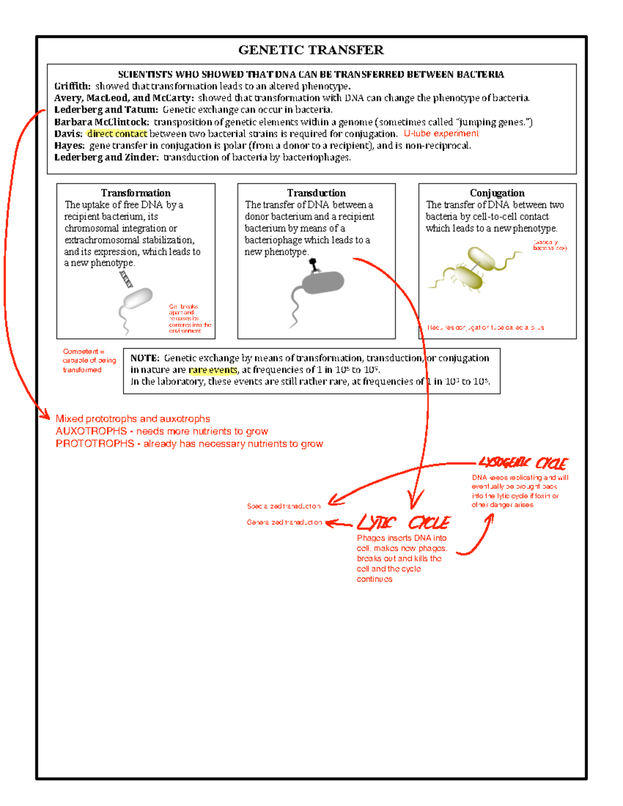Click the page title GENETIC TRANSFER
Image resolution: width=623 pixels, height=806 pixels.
point(310,50)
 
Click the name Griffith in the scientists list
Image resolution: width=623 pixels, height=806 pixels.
point(72,86)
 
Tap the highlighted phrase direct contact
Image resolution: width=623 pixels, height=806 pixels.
point(117,134)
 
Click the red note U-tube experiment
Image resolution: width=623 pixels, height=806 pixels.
point(441,133)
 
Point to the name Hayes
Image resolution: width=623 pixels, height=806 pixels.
point(69,146)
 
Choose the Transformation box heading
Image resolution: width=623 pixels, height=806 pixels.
point(136,193)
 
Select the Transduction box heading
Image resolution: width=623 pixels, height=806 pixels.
point(316,193)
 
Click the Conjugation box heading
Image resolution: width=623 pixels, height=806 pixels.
point(497,193)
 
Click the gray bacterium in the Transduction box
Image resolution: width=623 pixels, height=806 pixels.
point(322,283)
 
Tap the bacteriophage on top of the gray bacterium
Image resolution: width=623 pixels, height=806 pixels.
point(314,265)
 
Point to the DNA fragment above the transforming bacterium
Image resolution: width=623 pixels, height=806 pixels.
point(126,279)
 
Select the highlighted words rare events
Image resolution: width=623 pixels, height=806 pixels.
point(213,370)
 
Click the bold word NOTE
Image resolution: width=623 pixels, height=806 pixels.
point(144,358)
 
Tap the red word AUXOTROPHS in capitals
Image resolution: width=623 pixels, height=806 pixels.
point(91,431)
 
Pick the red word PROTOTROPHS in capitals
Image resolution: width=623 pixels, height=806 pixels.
point(94,444)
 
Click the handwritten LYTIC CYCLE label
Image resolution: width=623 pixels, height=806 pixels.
point(403,522)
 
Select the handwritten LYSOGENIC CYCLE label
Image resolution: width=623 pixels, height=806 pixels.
point(523,462)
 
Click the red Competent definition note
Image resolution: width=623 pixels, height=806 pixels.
point(89,361)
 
